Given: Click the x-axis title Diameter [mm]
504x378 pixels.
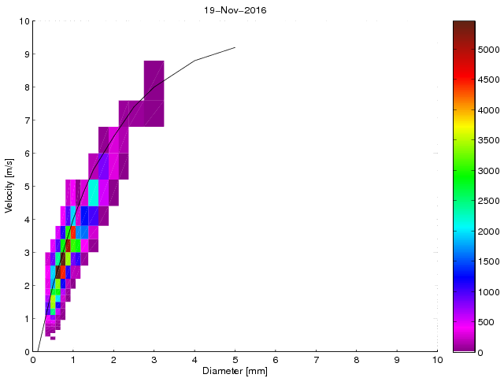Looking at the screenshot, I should (x=234, y=371).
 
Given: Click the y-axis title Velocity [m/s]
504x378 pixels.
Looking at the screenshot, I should (x=10, y=187).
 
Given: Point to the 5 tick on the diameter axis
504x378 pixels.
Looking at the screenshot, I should (x=235, y=359).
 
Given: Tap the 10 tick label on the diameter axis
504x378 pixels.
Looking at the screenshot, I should (x=437, y=359).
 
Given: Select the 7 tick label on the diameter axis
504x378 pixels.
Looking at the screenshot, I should (x=316, y=359).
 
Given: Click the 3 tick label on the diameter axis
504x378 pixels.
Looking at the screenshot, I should (x=154, y=359).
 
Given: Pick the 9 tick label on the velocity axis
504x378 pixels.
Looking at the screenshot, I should (x=25, y=54).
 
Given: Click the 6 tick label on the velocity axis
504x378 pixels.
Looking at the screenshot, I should (x=25, y=154).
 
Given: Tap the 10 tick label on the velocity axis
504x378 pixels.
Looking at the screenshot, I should (x=24, y=21).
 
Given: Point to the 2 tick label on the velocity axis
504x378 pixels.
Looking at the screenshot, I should (x=25, y=286).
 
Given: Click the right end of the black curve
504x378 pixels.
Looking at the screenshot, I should (x=235, y=47).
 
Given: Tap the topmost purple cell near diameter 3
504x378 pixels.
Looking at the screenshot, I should (x=154, y=80).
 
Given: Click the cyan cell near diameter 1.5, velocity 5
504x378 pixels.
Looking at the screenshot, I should (x=94, y=193).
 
